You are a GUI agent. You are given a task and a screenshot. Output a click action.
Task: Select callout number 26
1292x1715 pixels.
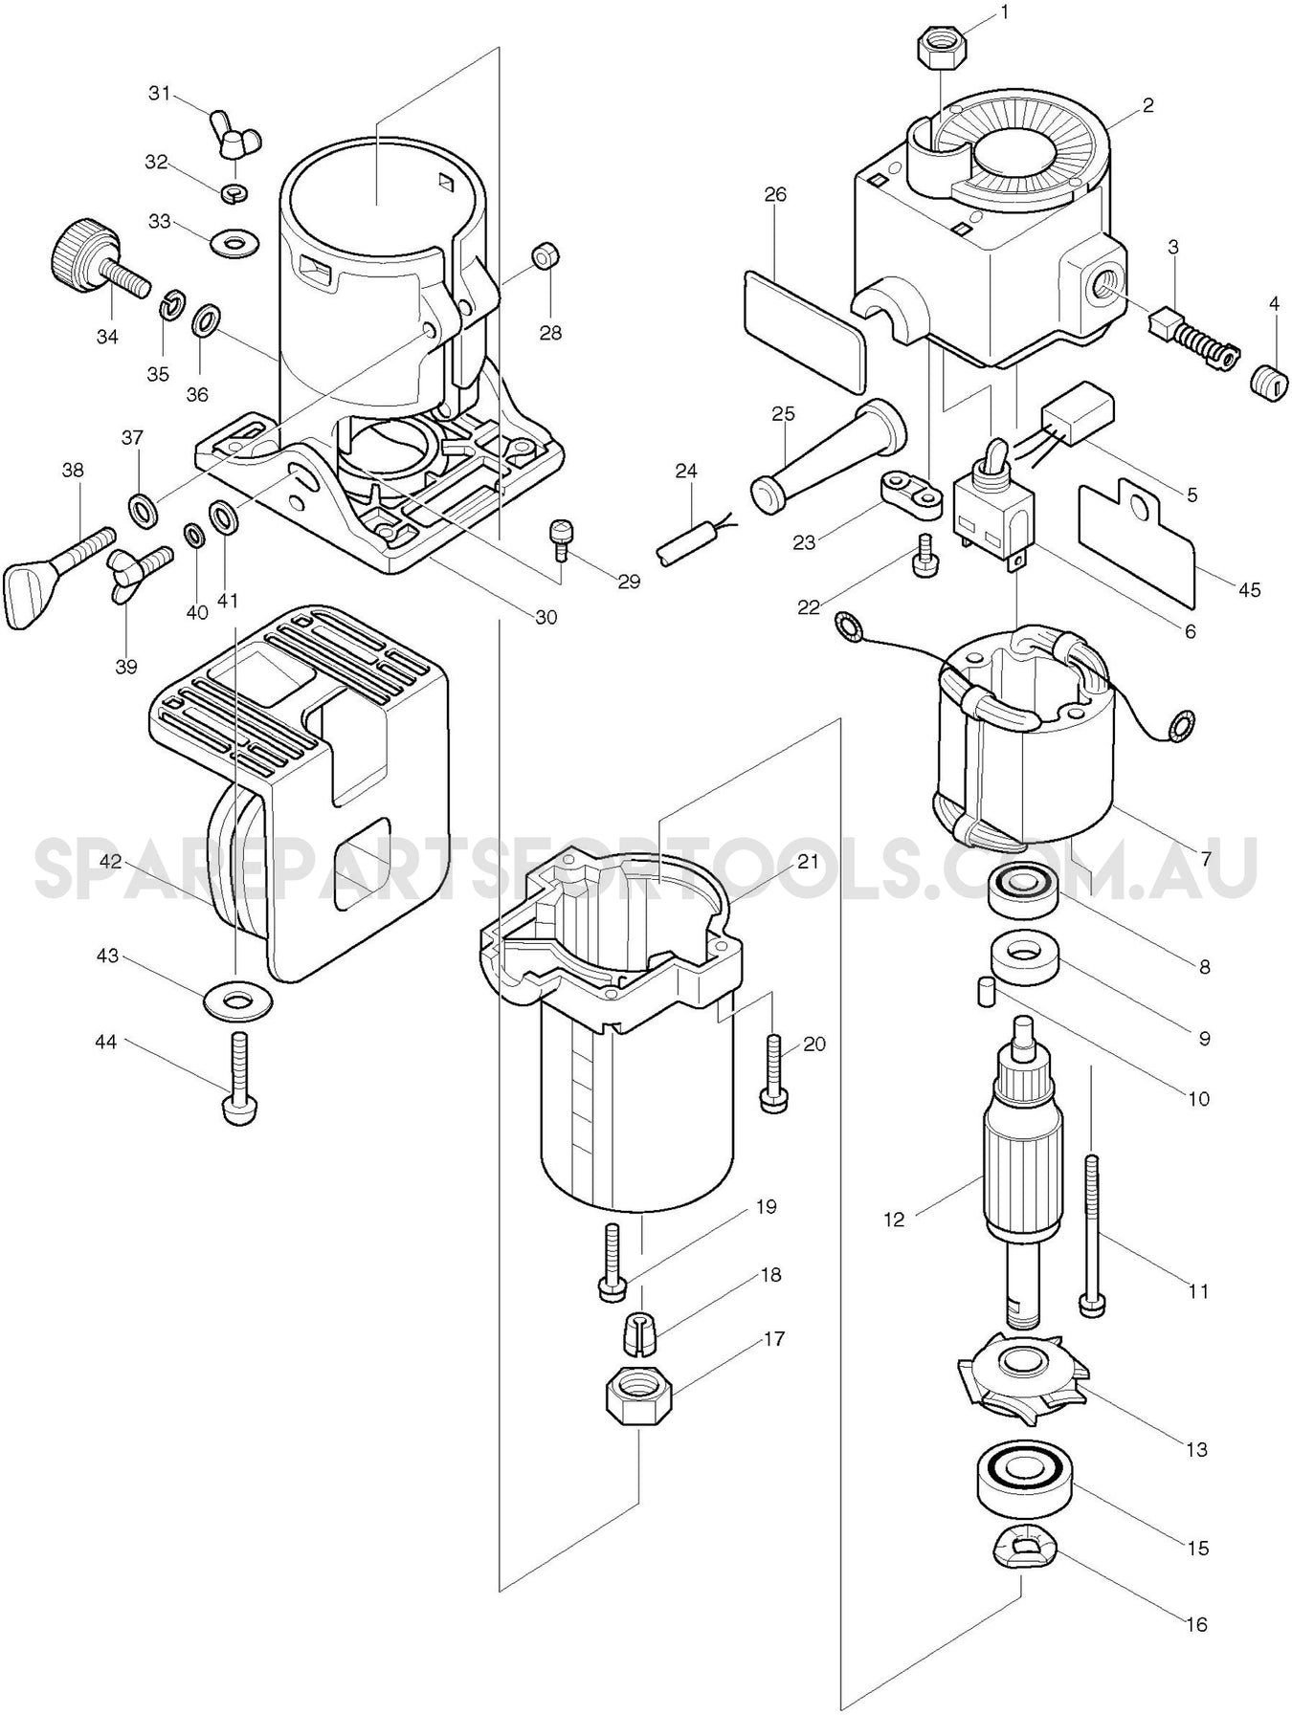(775, 194)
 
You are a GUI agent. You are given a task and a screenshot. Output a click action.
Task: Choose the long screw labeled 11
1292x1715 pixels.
(1091, 1234)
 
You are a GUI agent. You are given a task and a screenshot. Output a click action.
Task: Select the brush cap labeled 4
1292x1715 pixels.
(1265, 374)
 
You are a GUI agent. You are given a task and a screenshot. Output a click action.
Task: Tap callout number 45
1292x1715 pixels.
(1249, 590)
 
